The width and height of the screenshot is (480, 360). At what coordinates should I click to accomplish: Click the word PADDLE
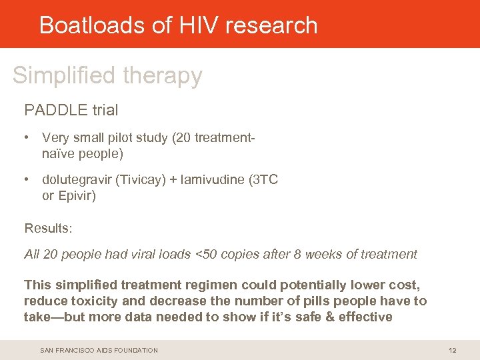coord(51,109)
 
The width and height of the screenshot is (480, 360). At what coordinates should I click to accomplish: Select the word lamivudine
coord(213,180)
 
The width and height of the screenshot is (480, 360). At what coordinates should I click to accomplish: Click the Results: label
coord(48,229)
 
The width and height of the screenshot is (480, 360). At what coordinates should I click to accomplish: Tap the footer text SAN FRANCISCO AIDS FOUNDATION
coord(99,350)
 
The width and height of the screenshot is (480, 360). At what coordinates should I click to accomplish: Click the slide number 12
coord(452,350)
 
